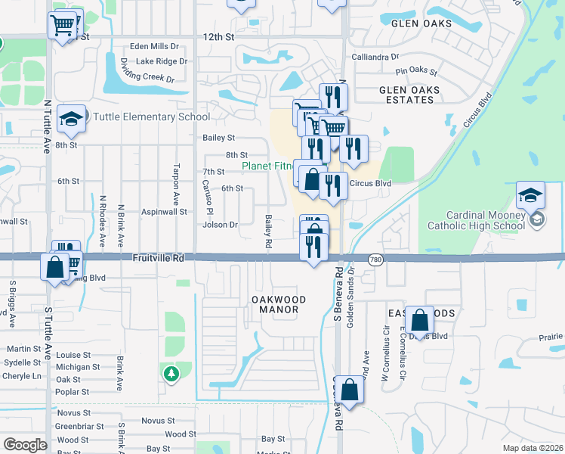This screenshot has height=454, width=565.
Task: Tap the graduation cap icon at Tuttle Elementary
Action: tap(71, 118)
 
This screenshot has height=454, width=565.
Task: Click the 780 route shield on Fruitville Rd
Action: tap(375, 259)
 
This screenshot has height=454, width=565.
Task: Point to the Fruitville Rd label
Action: tap(159, 258)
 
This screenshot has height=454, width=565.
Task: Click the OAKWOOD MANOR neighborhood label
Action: tap(279, 305)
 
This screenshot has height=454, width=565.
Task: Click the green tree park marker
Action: tap(172, 373)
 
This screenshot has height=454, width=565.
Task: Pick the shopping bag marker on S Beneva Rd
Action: tap(350, 390)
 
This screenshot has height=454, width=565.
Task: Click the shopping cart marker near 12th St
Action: tap(63, 24)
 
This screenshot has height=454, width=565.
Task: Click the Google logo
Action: tap(25, 445)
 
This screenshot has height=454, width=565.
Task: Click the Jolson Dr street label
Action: tap(220, 225)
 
